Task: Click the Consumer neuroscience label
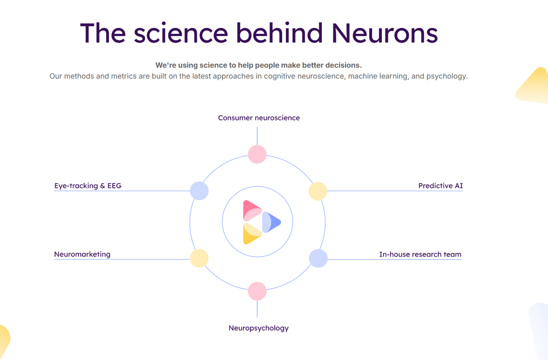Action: pos(259,118)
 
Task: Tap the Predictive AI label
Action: pos(440,186)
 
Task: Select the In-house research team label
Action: pos(420,254)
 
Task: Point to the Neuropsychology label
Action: pos(258,328)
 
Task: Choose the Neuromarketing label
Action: pos(82,254)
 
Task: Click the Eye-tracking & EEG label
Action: pos(88,186)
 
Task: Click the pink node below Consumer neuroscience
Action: pos(257,154)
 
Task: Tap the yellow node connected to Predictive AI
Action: pos(318,191)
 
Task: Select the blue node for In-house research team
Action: pos(318,259)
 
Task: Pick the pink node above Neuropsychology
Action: pos(257,291)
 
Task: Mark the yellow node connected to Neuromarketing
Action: pos(199,259)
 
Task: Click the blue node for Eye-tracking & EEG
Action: pos(199,191)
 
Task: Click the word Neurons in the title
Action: pos(385,33)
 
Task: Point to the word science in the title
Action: pos(181,33)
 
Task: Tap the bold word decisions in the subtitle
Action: pos(343,65)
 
